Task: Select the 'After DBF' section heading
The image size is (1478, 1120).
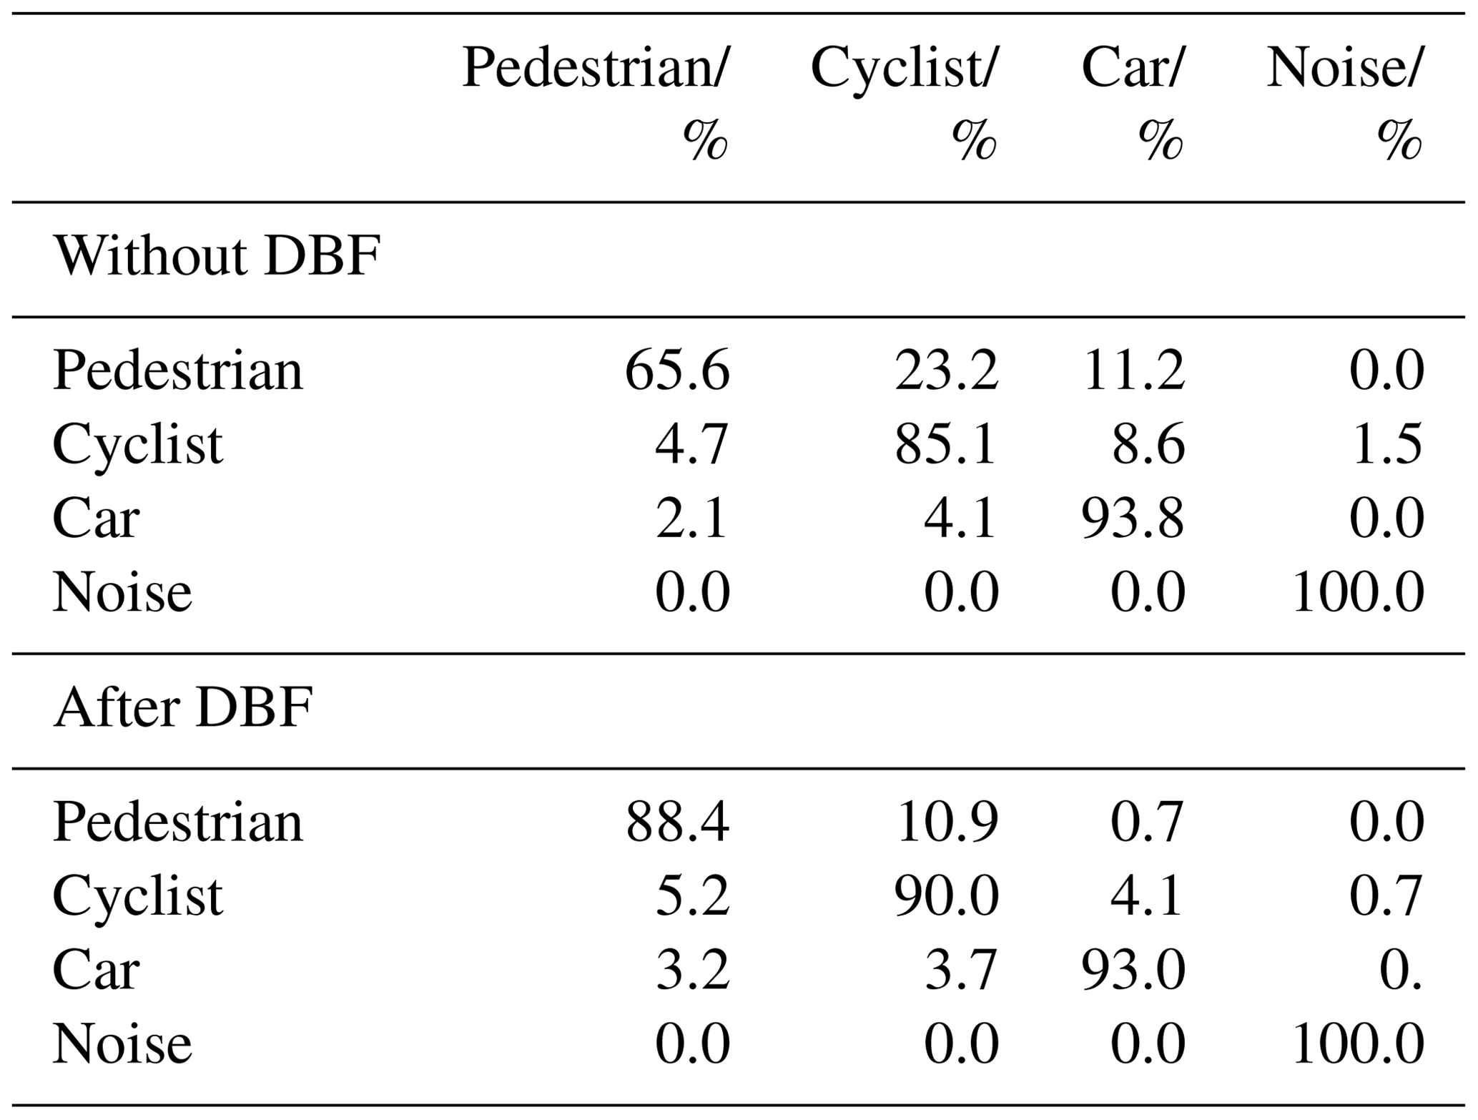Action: coord(183,707)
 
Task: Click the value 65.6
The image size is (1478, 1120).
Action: coord(677,370)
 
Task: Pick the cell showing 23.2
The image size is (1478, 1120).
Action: coord(946,370)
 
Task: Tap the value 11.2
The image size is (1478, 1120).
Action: coord(1134,370)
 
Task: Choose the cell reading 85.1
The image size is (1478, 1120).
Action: coord(945,445)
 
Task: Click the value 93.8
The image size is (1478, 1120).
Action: coord(1133,519)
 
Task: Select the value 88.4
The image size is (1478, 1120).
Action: coord(677,822)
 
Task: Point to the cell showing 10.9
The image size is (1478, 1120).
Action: coord(947,822)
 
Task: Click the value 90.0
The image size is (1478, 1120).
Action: coord(946,896)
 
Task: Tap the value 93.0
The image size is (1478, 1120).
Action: coord(1133,971)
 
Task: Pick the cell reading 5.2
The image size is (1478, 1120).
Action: coord(693,896)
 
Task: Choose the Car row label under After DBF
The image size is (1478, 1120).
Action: coord(96,971)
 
